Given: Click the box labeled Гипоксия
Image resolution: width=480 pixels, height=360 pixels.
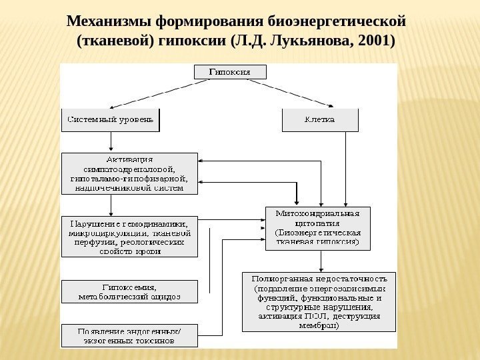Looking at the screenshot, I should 229,71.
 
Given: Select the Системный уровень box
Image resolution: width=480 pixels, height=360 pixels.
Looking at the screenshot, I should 111,120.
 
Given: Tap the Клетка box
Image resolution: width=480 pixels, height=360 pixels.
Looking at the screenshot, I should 320,120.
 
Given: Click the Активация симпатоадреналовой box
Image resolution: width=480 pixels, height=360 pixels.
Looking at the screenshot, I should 130,173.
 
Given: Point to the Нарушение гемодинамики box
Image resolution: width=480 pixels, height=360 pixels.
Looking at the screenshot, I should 130,236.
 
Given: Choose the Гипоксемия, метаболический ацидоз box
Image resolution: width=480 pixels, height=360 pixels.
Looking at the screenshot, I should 130,291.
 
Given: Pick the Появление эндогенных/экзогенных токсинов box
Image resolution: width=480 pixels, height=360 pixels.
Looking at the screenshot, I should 130,335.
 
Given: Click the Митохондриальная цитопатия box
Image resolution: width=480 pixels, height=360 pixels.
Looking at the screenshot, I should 317,228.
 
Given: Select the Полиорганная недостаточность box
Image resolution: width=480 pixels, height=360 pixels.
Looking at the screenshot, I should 317,301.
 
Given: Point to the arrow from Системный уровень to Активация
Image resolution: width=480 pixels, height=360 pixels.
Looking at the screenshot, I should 111,142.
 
